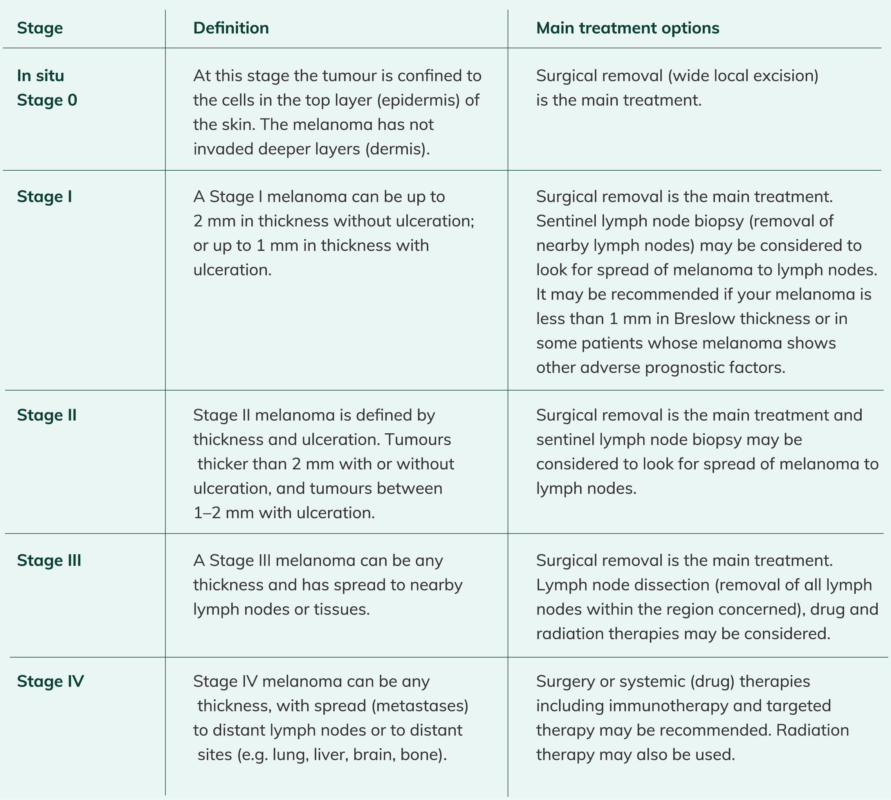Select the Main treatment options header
coord(627,28)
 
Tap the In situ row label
coord(40,76)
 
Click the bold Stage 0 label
coord(47,100)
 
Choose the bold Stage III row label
coord(49,560)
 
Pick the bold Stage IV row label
coord(50,681)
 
